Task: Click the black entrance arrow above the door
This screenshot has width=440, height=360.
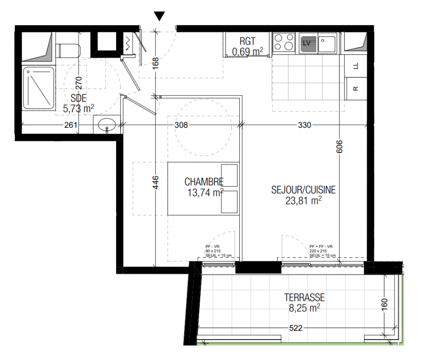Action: pyautogui.click(x=159, y=16)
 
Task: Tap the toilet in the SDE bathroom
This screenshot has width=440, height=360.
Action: pyautogui.click(x=68, y=50)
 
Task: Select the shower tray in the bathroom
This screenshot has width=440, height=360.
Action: pyautogui.click(x=38, y=88)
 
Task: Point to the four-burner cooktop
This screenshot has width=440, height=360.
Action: pyautogui.click(x=284, y=43)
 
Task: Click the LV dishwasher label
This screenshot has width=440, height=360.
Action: pyautogui.click(x=307, y=43)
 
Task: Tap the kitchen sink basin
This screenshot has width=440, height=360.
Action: pyautogui.click(x=327, y=44)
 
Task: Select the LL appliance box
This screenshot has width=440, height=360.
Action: pyautogui.click(x=356, y=66)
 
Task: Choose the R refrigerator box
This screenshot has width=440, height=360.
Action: pyautogui.click(x=356, y=89)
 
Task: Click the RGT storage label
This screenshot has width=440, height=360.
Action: pyautogui.click(x=247, y=41)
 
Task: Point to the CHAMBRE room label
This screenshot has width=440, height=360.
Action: pyautogui.click(x=204, y=182)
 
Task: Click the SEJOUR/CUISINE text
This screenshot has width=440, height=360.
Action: pyautogui.click(x=303, y=190)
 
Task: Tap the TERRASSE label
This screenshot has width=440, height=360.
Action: pyautogui.click(x=305, y=297)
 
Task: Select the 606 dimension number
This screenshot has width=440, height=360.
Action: pyautogui.click(x=339, y=146)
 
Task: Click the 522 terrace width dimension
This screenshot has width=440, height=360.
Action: pyautogui.click(x=296, y=328)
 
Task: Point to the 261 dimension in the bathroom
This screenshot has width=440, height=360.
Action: pyautogui.click(x=71, y=125)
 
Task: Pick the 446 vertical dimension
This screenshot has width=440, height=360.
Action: pyautogui.click(x=156, y=182)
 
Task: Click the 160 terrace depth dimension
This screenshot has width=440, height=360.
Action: pyautogui.click(x=384, y=305)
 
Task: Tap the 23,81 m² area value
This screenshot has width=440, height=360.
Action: pyautogui.click(x=303, y=201)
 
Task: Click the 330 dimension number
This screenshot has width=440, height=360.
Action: pyautogui.click(x=305, y=125)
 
